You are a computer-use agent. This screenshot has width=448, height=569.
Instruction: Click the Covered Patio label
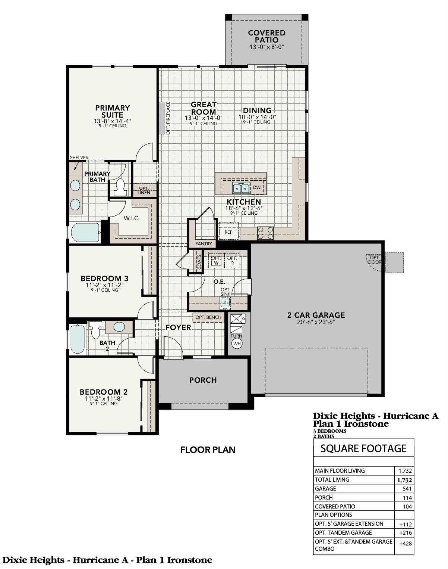point(266,36)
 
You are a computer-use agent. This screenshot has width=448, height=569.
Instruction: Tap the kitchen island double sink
point(241,188)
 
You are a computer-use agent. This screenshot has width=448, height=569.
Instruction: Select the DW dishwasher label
point(257,187)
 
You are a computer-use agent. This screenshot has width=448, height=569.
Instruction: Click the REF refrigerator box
point(228,232)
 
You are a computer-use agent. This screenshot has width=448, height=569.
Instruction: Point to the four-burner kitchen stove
point(265,233)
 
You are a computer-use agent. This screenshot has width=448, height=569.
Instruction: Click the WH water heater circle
point(237,343)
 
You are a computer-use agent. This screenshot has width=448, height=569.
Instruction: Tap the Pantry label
point(204,244)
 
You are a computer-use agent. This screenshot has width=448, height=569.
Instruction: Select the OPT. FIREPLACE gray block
point(162,118)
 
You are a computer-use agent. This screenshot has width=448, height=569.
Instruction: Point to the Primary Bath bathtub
point(85,233)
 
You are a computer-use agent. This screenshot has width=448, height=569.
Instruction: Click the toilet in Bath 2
point(96,329)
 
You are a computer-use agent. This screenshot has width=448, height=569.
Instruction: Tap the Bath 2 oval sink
point(119,327)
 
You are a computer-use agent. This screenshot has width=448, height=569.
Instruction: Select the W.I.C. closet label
point(132,218)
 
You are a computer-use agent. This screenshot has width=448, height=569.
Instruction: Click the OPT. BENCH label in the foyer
point(208,317)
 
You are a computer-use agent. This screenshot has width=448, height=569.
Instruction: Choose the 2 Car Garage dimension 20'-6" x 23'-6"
point(316,322)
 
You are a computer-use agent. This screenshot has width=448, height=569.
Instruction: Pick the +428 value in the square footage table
point(405,544)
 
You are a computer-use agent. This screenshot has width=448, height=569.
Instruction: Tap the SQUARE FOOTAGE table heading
point(363,448)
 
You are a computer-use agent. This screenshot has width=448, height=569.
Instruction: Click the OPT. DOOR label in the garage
point(375,260)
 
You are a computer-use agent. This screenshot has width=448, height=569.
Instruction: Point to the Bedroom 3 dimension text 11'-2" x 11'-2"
point(104,285)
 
